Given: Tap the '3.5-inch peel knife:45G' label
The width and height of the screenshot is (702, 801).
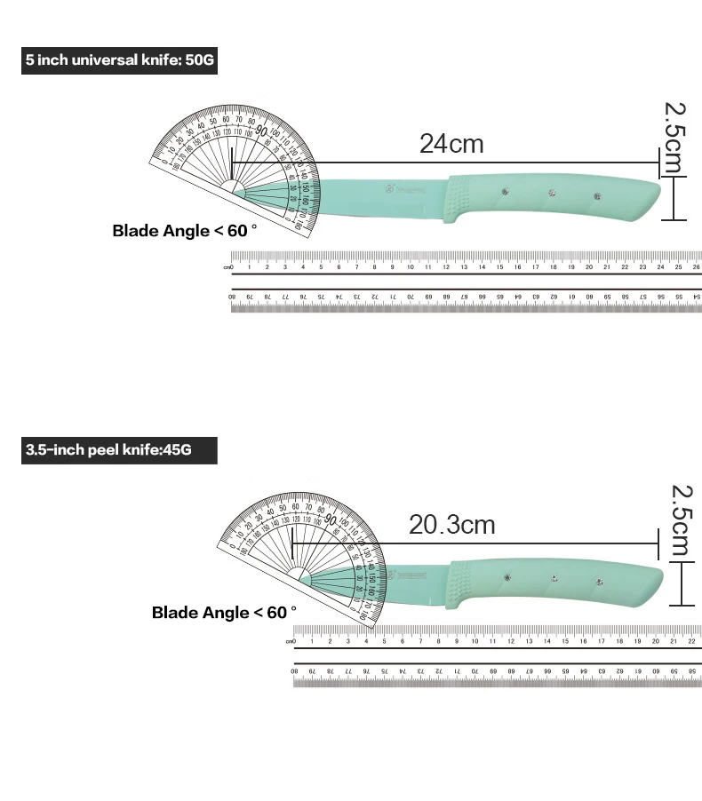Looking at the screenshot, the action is point(118,449).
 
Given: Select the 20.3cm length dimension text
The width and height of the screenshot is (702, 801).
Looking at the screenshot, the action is point(451,524).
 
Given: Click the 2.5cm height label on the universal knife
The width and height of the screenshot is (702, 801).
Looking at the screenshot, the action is point(675,136).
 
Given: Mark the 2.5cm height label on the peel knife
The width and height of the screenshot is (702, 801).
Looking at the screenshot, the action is point(681,519).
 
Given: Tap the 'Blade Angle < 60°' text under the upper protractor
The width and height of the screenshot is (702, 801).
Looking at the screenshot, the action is point(184,231).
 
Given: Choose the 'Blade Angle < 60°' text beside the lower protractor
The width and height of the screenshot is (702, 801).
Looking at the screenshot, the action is point(224,612).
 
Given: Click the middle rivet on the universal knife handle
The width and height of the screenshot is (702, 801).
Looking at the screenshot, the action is point(550,193).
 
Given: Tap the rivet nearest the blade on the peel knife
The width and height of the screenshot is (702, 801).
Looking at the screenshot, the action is point(507,577).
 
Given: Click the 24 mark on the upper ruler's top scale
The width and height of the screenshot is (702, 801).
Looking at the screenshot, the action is point(660,266).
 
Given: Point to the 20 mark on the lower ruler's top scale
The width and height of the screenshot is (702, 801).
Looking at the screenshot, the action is point(655,640).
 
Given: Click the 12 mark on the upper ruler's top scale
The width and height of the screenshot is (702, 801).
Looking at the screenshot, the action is point(445,266).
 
